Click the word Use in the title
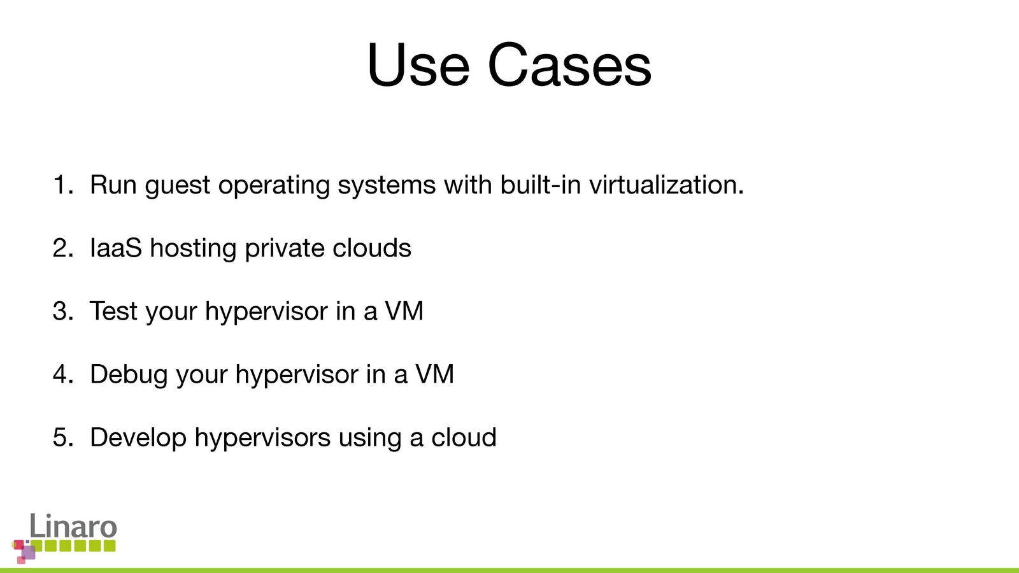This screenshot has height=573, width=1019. pyautogui.click(x=418, y=64)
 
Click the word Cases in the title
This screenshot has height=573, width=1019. pyautogui.click(x=569, y=64)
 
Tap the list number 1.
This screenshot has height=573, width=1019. pyautogui.click(x=63, y=185)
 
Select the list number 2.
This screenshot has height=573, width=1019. pyautogui.click(x=63, y=248)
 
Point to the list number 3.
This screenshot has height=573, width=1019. pyautogui.click(x=63, y=311)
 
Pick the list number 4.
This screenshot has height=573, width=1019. pyautogui.click(x=63, y=374)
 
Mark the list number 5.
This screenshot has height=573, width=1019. pyautogui.click(x=63, y=437)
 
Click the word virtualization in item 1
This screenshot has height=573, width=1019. pyautogui.click(x=666, y=185)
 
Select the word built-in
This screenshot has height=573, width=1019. pyautogui.click(x=541, y=185)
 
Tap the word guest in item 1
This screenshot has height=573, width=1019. pyautogui.click(x=178, y=187)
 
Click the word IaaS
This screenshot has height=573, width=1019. pyautogui.click(x=115, y=248)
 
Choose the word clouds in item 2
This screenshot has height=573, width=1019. pyautogui.click(x=372, y=248)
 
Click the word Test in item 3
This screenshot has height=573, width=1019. pyautogui.click(x=113, y=311)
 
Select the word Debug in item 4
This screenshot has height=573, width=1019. pyautogui.click(x=129, y=376)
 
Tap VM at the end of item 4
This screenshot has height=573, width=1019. pyautogui.click(x=434, y=374)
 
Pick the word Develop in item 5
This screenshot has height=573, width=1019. pyautogui.click(x=138, y=439)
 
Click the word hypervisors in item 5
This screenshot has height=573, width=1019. pyautogui.click(x=262, y=439)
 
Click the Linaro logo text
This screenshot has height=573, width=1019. pyautogui.click(x=73, y=526)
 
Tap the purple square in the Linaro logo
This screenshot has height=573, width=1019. pyautogui.click(x=28, y=553)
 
